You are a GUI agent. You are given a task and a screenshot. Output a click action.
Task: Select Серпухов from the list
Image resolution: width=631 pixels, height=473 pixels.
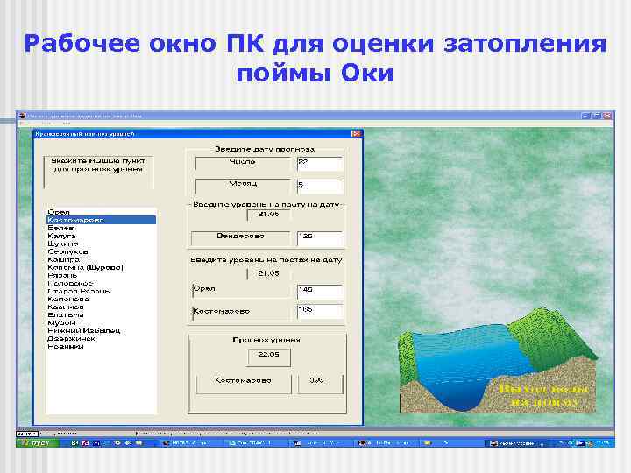coord(67,252)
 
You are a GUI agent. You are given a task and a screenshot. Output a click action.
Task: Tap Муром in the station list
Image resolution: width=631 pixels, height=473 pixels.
coord(61,322)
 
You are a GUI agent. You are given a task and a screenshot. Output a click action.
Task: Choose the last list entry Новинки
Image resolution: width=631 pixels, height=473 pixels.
coord(66,346)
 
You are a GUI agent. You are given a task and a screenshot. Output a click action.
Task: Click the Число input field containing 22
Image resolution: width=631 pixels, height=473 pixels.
coord(319,162)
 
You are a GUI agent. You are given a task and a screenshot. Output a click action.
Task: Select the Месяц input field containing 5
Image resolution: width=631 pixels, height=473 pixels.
coord(319,185)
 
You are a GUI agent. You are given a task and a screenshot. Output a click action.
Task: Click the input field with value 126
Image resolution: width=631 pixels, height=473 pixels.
coord(319,236)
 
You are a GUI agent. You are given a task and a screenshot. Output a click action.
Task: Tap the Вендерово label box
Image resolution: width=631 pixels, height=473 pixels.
coord(240,236)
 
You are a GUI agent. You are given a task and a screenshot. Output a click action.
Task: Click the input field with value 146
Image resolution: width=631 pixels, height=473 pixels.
coord(319,289)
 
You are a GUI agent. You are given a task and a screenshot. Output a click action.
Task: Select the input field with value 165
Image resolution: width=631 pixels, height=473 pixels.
coord(319,310)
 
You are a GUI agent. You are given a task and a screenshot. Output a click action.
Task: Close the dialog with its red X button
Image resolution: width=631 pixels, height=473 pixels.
coord(356,134)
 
